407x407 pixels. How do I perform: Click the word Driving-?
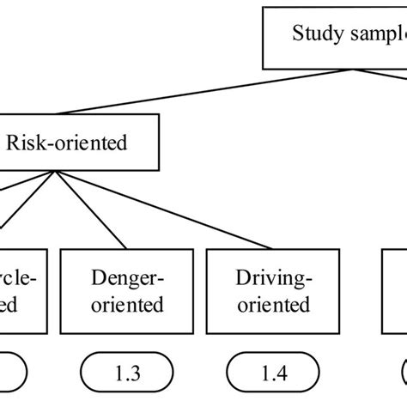click(x=272, y=276)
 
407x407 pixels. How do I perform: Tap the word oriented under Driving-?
click(x=272, y=304)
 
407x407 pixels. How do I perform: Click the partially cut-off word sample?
click(x=374, y=34)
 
